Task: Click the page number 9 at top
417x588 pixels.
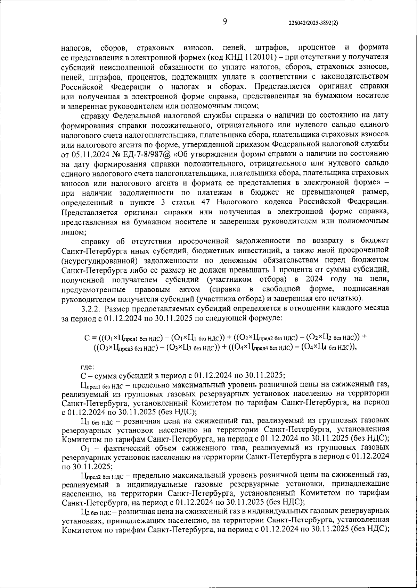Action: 225,22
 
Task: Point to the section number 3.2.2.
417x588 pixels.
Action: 90,308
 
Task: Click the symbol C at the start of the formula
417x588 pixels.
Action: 87,337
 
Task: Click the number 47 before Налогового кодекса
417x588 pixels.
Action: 206,202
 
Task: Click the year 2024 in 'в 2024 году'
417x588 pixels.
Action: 315,279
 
